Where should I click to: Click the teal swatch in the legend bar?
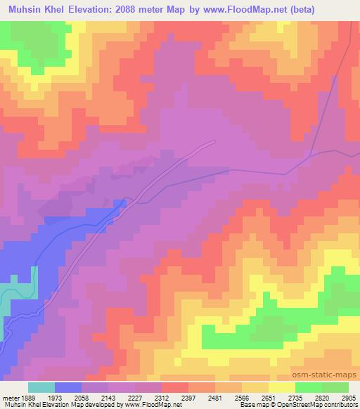(x=41, y=387)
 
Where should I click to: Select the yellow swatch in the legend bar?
(x=281, y=387)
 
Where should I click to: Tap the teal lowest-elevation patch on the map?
(x=21, y=292)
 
